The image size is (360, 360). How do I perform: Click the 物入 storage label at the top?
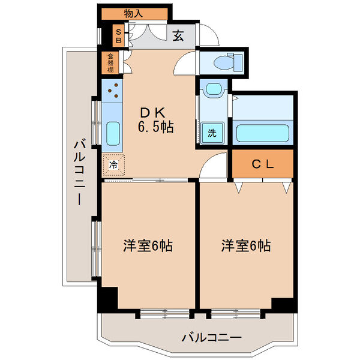click(x=134, y=13)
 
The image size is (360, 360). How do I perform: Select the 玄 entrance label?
click(x=178, y=36)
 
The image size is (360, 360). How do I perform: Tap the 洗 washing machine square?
click(x=212, y=132)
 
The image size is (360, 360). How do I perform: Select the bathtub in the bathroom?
click(x=263, y=132)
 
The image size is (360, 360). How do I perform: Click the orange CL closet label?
click(x=262, y=164)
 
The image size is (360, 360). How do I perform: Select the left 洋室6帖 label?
click(x=148, y=245)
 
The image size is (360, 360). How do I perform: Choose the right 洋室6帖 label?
click(x=246, y=245)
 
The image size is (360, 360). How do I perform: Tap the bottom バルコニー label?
click(x=212, y=337)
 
